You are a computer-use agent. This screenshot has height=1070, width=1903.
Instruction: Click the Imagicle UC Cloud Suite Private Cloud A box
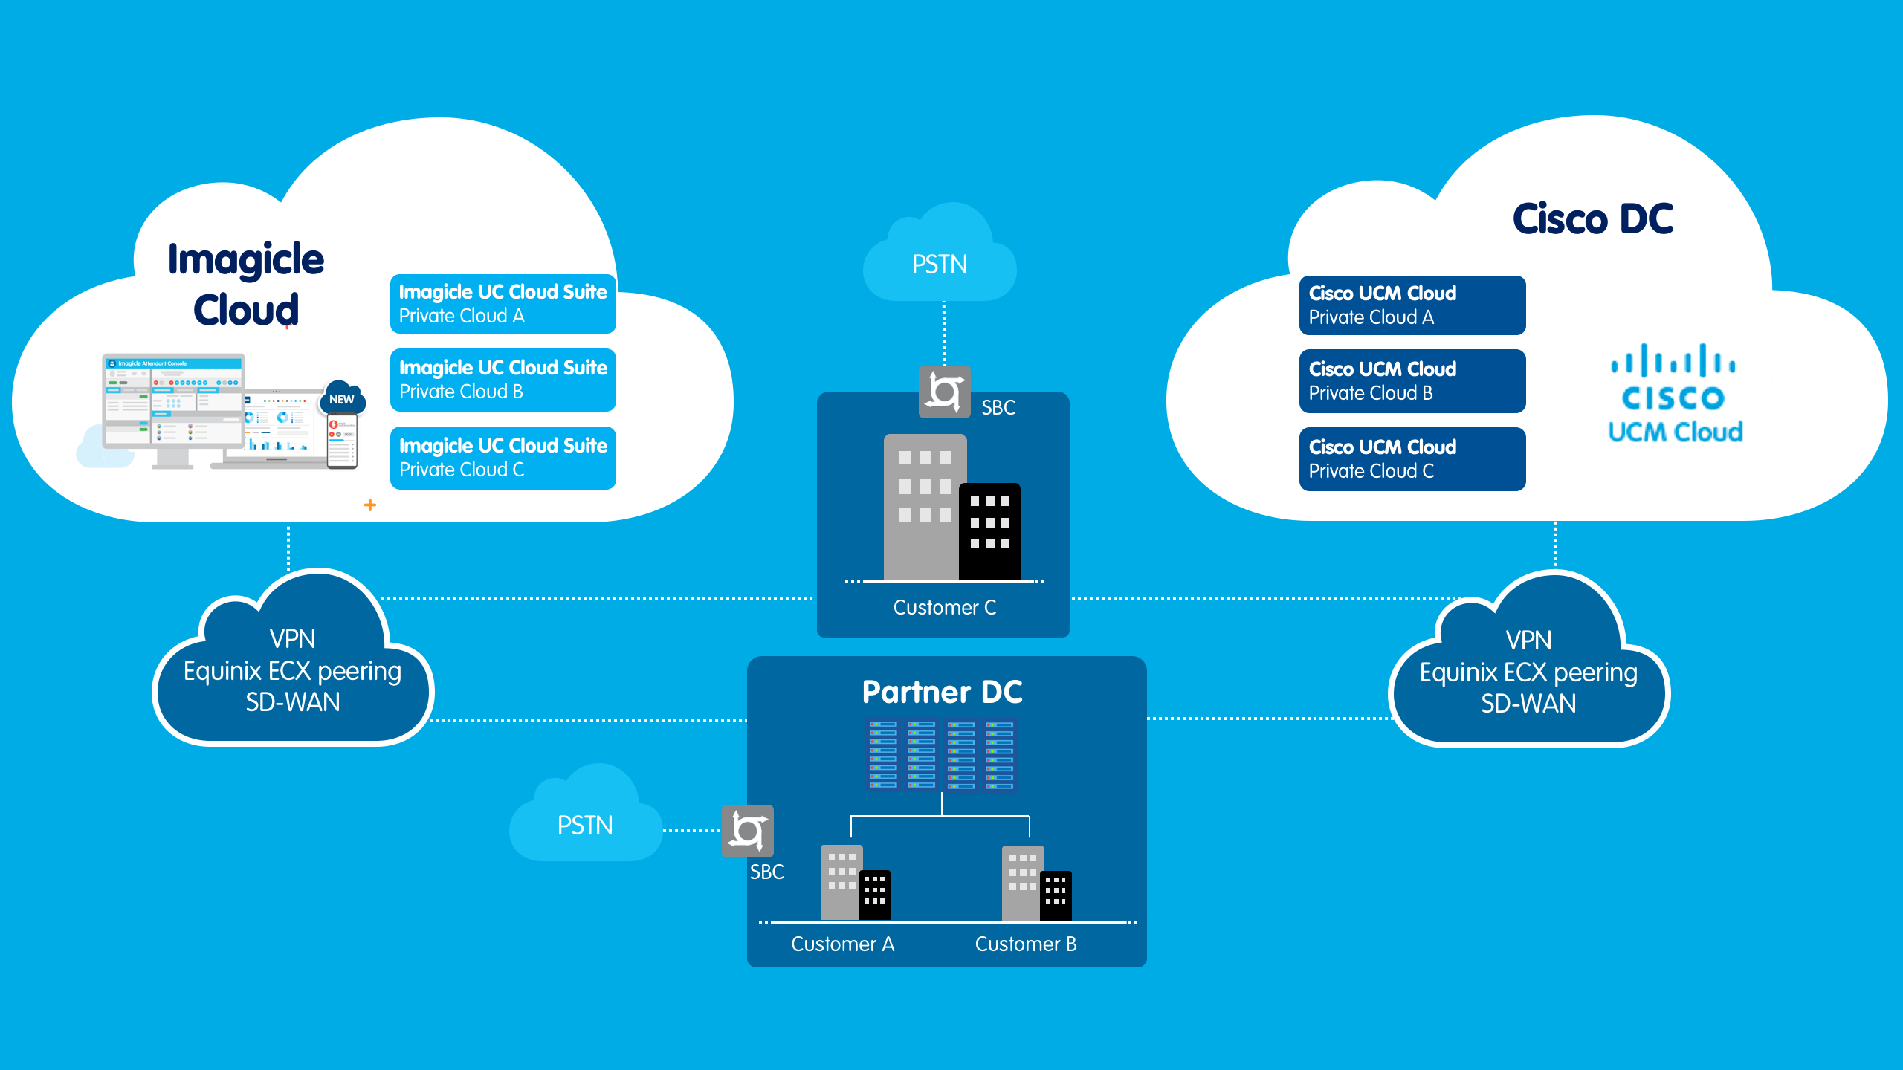(503, 304)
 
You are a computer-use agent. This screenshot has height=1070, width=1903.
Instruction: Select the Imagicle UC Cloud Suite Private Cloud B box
(503, 380)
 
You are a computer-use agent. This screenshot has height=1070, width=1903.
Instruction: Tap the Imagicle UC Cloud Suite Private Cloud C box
(503, 458)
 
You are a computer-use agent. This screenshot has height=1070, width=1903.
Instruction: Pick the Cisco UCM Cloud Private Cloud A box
(1412, 305)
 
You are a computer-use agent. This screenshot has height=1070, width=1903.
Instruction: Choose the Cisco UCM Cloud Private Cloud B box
(1412, 381)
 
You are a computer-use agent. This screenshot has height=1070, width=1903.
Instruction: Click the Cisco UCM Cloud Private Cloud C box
(1412, 459)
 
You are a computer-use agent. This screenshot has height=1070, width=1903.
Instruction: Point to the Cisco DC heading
(1592, 219)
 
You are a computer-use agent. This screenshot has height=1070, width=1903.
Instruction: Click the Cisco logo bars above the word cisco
(1673, 360)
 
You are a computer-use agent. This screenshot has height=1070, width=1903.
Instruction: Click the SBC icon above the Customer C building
(944, 392)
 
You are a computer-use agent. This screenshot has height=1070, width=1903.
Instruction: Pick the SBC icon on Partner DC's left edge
(748, 831)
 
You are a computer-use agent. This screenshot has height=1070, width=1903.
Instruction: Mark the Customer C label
(944, 608)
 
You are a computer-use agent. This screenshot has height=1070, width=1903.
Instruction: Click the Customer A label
(842, 944)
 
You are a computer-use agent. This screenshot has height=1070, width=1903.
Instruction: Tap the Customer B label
(1026, 944)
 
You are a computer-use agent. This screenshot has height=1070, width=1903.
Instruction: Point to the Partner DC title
(943, 693)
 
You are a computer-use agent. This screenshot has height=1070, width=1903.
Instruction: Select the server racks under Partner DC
(942, 754)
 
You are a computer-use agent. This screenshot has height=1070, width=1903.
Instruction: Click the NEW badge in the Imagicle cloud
(342, 400)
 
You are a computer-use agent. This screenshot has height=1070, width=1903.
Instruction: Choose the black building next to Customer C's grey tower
(989, 531)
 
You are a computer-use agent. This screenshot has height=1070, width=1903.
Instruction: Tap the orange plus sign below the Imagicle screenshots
(370, 505)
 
